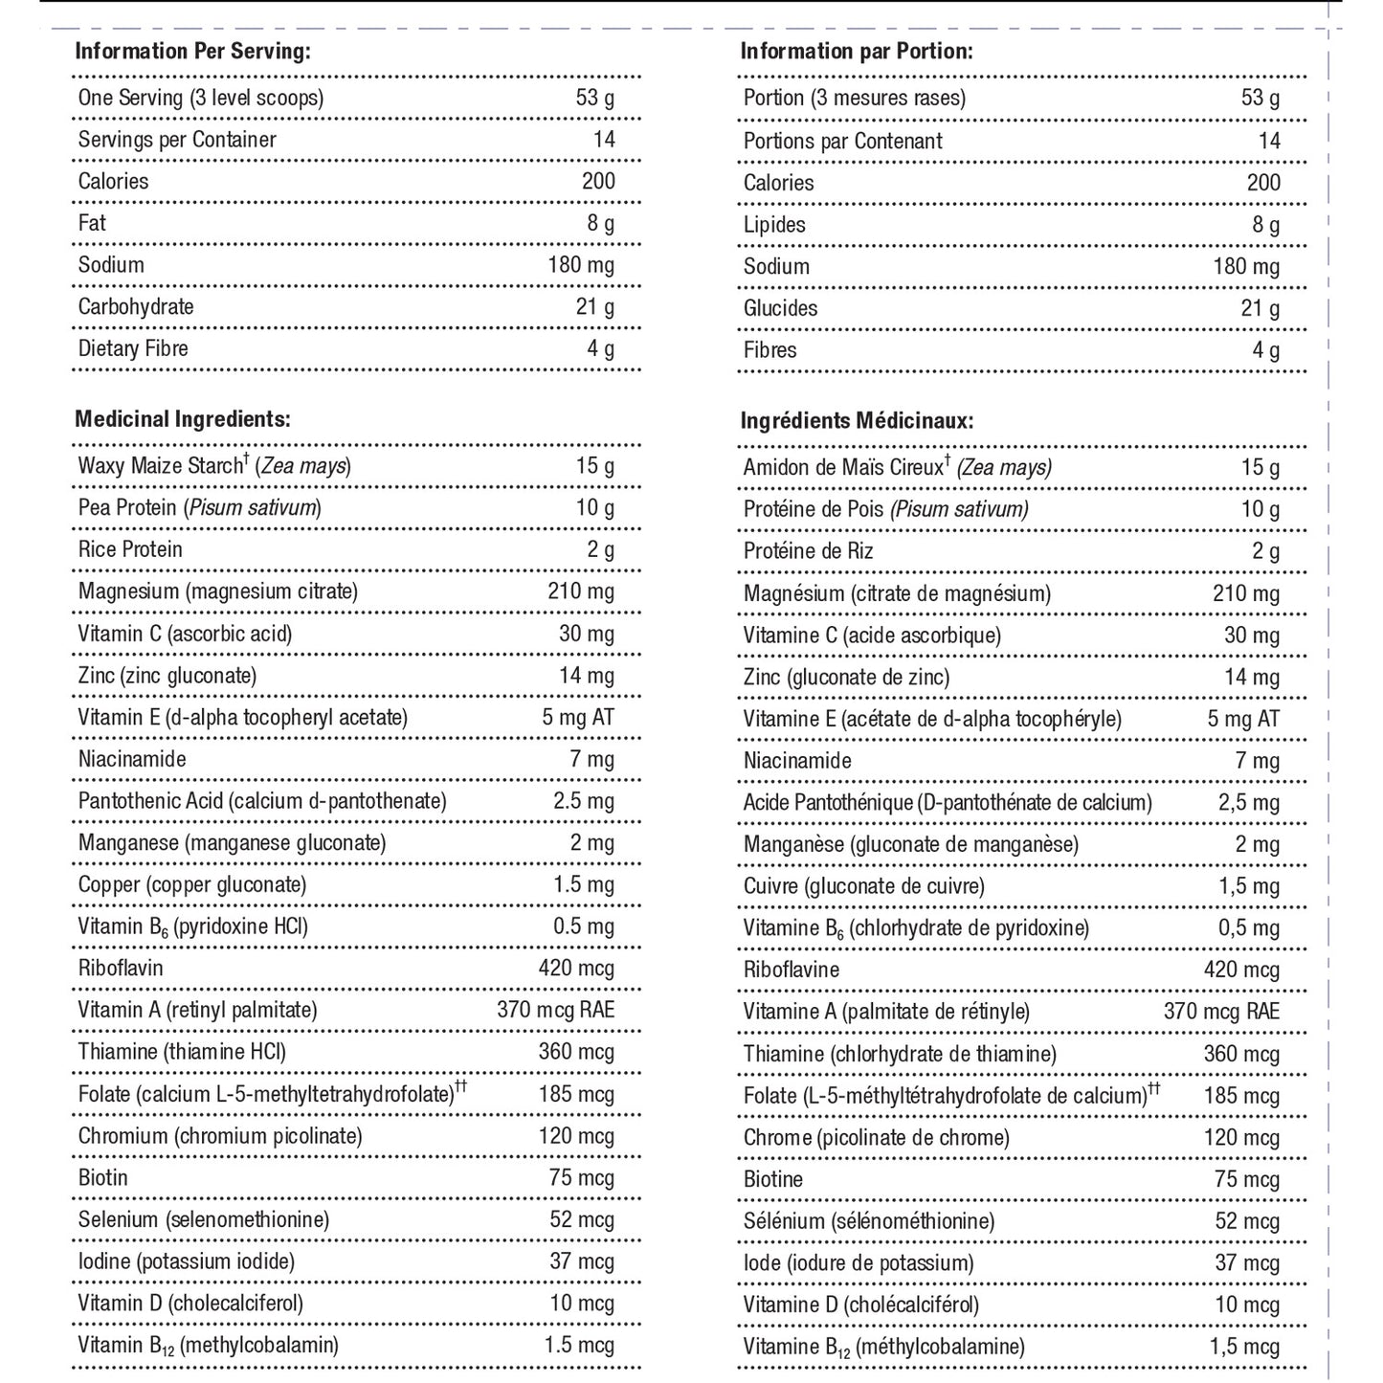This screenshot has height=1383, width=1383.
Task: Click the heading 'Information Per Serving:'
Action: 192,52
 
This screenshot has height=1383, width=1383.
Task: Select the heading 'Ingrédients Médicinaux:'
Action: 857,421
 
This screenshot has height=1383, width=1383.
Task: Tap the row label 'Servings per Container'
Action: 177,140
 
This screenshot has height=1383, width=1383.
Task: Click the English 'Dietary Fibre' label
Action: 133,348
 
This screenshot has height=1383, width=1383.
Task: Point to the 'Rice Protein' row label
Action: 130,549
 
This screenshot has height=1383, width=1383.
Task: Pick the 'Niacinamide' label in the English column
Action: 132,760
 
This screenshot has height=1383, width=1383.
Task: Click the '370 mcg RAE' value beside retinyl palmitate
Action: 555,1011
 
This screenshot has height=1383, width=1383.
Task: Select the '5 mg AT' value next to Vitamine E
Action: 1243,720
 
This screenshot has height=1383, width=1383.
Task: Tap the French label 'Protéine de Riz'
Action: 808,551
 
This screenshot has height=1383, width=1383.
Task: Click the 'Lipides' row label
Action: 774,225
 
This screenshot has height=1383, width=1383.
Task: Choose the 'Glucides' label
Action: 780,308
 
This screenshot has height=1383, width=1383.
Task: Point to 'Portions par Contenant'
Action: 842,142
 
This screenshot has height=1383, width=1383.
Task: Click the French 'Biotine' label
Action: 773,1180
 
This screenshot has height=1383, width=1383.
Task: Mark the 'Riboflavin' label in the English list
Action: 121,969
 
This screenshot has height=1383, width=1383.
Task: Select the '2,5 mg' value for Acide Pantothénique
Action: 1248,803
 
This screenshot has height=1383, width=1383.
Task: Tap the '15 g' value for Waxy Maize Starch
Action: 594,466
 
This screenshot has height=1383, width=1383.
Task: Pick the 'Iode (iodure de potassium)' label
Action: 859,1263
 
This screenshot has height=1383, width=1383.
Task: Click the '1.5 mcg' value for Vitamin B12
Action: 579,1346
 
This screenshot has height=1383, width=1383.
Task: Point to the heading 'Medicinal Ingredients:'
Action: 183,419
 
